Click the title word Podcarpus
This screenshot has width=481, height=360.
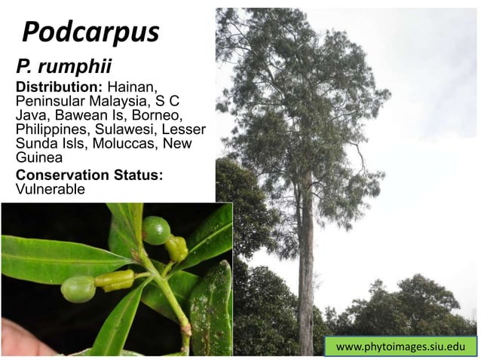91,32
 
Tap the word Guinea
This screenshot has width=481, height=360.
38,158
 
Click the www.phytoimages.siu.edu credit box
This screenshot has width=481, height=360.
400,346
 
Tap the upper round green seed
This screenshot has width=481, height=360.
156,230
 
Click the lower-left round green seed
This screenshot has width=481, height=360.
78,288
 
